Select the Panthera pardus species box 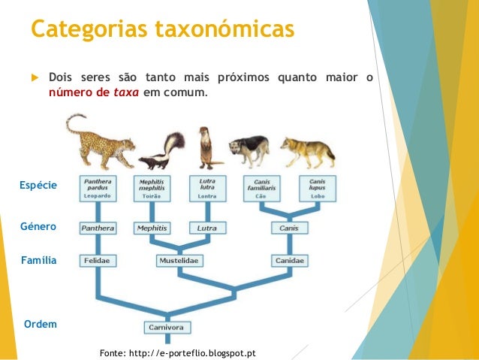click(98, 188)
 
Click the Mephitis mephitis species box click(153, 188)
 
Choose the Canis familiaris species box click(262, 188)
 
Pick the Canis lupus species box click(318, 188)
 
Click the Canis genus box click(289, 227)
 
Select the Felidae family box click(98, 260)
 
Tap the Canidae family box click(289, 260)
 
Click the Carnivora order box click(167, 327)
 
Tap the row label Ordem click(40, 324)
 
